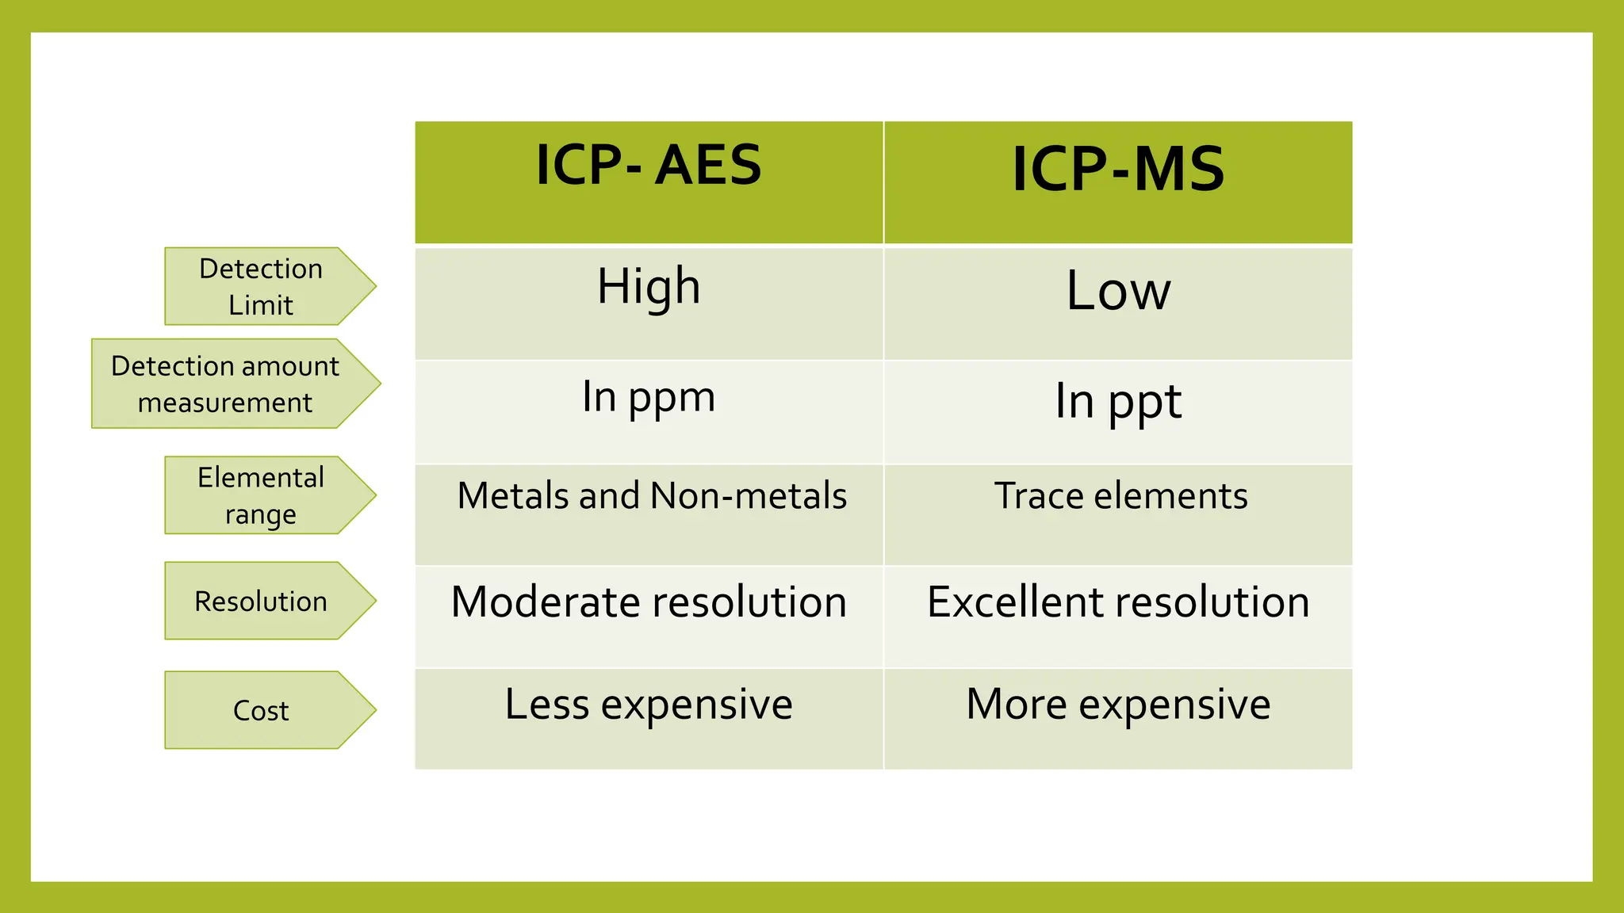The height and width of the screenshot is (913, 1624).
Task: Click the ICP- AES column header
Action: pyautogui.click(x=649, y=166)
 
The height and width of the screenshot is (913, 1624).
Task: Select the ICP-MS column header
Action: pyautogui.click(x=1118, y=170)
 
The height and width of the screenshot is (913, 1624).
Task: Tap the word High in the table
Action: pyautogui.click(x=649, y=286)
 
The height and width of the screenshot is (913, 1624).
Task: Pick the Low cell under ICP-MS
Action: pyautogui.click(x=1118, y=291)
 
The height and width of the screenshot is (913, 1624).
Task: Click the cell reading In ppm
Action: pyautogui.click(x=649, y=397)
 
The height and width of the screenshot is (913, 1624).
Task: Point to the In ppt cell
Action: pyautogui.click(x=1118, y=401)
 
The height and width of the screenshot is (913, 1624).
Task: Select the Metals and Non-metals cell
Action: pyautogui.click(x=652, y=496)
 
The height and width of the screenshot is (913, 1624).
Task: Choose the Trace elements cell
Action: pyautogui.click(x=1120, y=496)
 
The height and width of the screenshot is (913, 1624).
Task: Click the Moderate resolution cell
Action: pyautogui.click(x=649, y=602)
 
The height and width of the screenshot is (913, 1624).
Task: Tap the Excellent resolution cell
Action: pyautogui.click(x=1118, y=602)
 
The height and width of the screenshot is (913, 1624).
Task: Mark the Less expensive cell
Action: pyautogui.click(x=649, y=705)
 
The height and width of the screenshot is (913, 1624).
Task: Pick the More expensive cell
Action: pyautogui.click(x=1118, y=705)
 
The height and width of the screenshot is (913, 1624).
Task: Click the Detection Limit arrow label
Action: pyautogui.click(x=261, y=286)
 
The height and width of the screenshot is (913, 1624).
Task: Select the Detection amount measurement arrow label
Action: pyautogui.click(x=225, y=384)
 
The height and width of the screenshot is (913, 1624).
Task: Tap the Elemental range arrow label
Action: pyautogui.click(x=261, y=495)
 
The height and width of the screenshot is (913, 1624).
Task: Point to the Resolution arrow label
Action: pyautogui.click(x=261, y=602)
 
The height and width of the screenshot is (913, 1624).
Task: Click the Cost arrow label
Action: pyautogui.click(x=261, y=710)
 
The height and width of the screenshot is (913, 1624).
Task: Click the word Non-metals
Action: pyautogui.click(x=749, y=496)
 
